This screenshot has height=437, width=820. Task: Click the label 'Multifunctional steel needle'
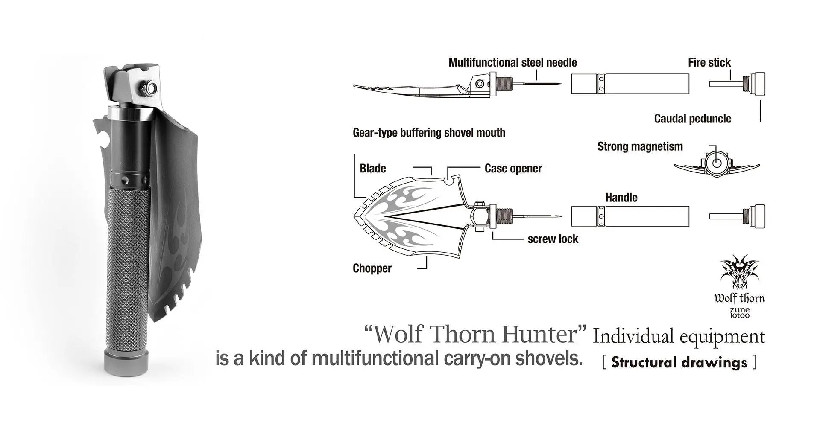(512, 63)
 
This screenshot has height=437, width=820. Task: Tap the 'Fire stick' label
(709, 63)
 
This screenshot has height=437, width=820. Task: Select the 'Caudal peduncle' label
(692, 119)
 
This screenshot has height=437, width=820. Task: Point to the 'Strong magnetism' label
(640, 147)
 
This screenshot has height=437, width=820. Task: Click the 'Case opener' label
(513, 169)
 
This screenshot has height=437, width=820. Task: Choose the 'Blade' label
(372, 169)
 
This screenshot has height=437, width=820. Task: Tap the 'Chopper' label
(372, 268)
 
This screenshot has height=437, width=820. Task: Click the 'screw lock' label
(553, 239)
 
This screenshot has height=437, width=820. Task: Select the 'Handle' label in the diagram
(621, 198)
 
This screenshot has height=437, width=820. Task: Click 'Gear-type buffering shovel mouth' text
(429, 133)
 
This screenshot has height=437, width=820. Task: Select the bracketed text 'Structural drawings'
(679, 362)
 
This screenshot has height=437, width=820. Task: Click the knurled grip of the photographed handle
(127, 265)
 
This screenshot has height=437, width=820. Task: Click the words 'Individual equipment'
(679, 337)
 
